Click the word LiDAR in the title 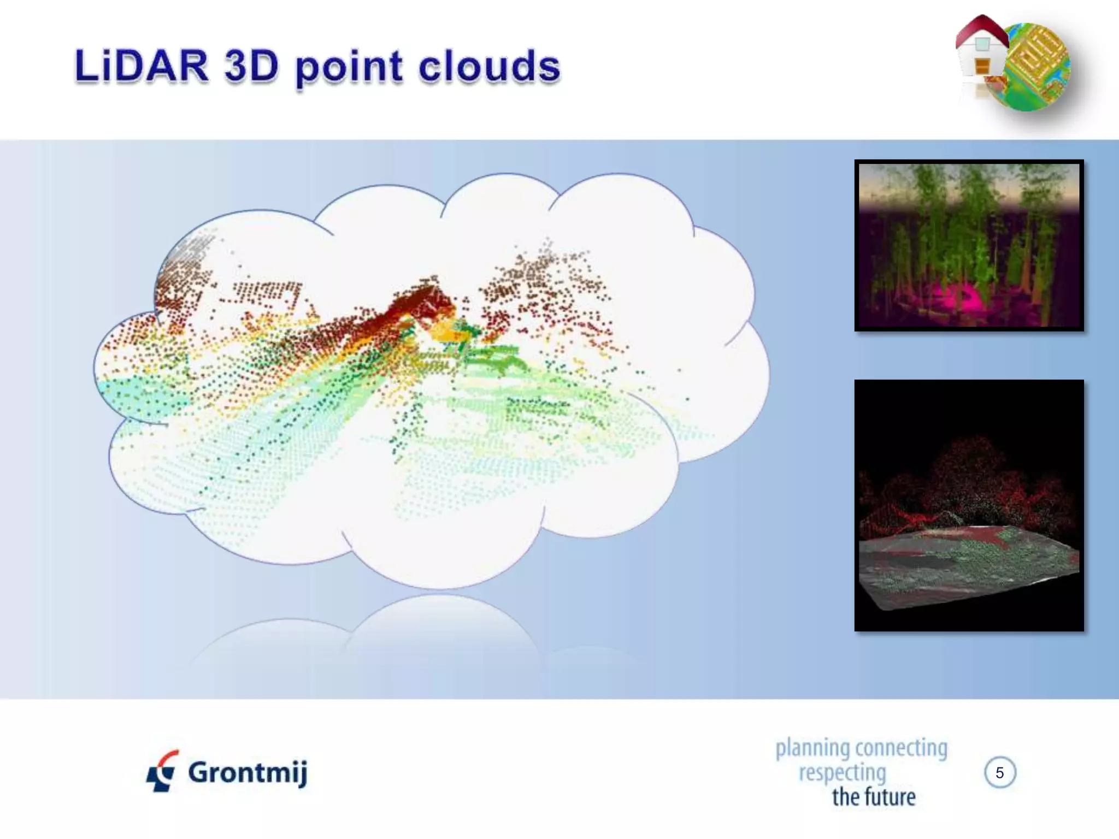[141, 67]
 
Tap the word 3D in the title [251, 67]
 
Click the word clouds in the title [490, 67]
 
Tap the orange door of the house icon [982, 67]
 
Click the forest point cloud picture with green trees [969, 245]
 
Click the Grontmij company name [248, 772]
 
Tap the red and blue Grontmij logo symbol [162, 771]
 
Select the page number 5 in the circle [999, 772]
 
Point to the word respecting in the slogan [842, 772]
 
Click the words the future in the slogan [873, 797]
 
